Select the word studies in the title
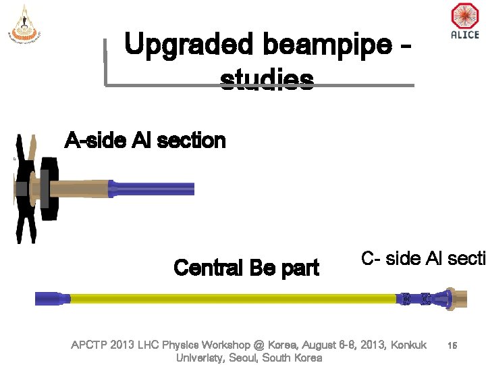coord(267,80)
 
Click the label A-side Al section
coord(144,141)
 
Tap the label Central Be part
coord(246,268)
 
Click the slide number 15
coord(452,345)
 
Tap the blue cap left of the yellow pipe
coord(51,297)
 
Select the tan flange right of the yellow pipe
coord(459,297)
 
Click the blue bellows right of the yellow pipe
coord(415,297)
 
